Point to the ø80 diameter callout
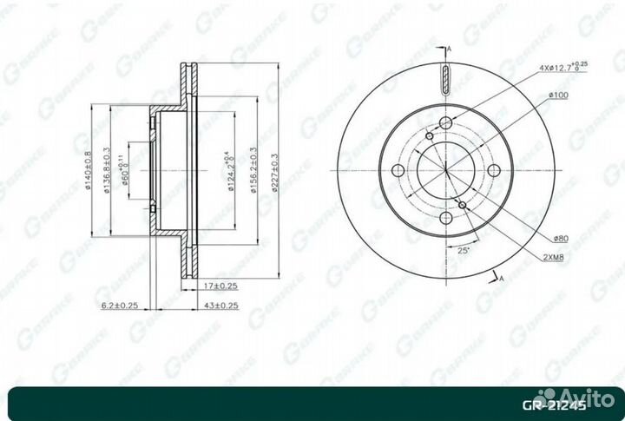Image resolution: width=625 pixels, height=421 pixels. click(x=557, y=238)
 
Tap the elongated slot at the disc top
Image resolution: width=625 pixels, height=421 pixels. click(x=445, y=81)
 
